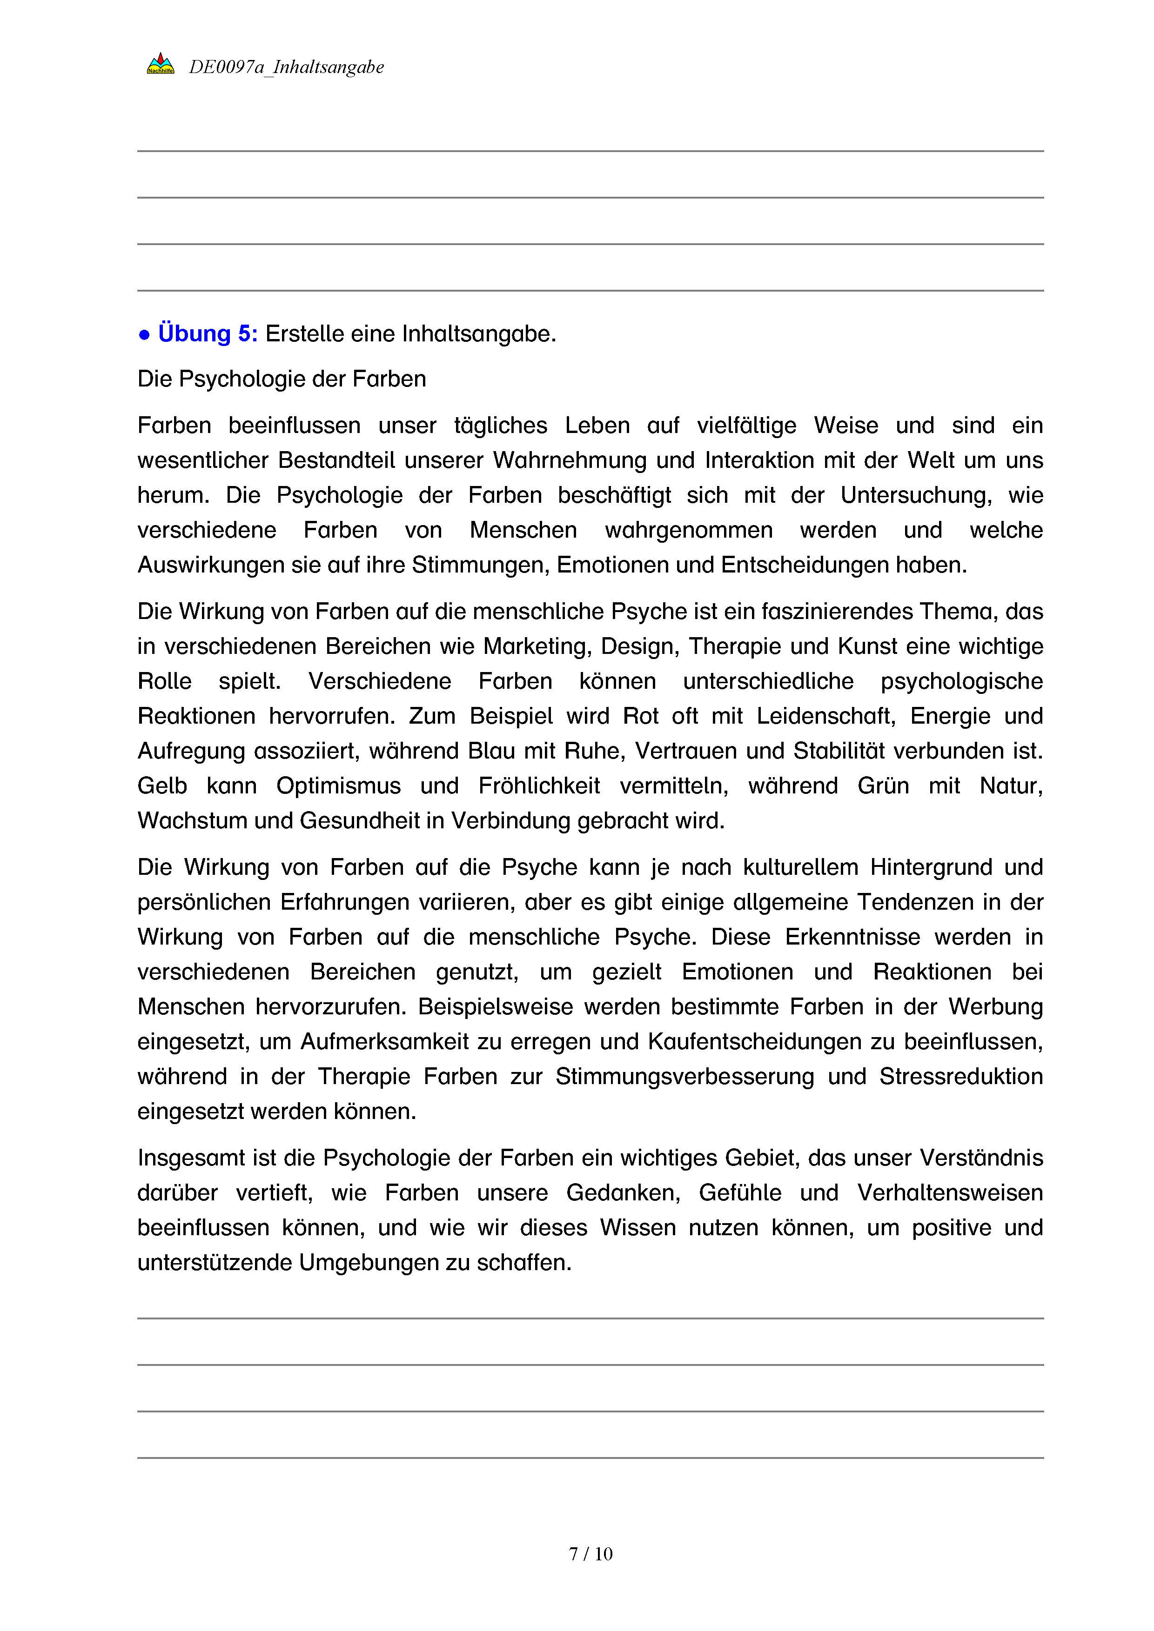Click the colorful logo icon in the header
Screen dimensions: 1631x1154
point(160,64)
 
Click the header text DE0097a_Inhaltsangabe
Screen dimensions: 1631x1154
point(286,67)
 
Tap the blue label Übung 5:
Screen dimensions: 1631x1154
point(208,333)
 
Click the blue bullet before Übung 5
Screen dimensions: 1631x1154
point(144,334)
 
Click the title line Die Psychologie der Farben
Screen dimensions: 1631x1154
point(282,379)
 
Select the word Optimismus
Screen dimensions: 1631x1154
point(338,785)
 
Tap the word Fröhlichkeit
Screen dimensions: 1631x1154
point(539,785)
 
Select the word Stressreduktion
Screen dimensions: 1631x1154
point(961,1076)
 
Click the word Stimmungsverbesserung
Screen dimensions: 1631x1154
point(684,1076)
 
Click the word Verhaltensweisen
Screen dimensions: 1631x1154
point(950,1192)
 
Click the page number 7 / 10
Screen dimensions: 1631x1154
point(590,1554)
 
